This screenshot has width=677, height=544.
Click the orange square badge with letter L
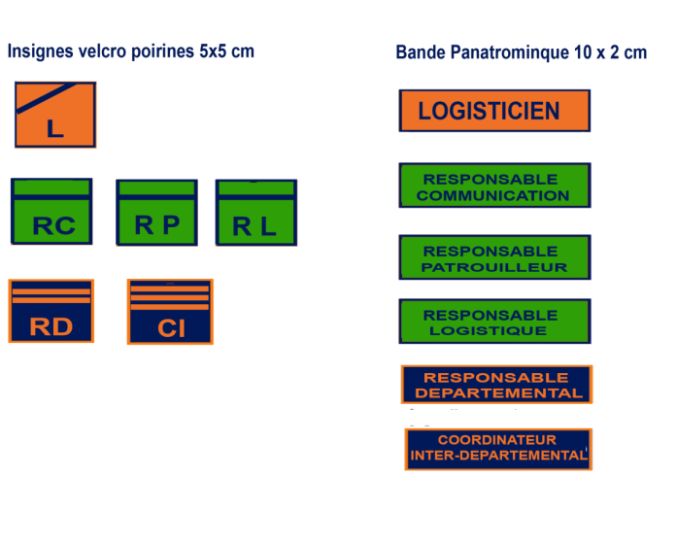[x=55, y=115]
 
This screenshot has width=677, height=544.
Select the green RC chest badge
[x=51, y=212]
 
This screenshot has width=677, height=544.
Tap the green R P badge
[x=156, y=213]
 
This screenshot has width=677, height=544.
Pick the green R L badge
[x=256, y=213]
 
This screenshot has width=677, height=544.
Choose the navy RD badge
[x=51, y=311]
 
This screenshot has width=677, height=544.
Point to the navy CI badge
[x=170, y=312]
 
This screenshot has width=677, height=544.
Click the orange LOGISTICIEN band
[x=494, y=111]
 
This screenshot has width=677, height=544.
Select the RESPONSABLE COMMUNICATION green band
[x=494, y=186]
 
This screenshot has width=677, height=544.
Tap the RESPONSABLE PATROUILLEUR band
[x=494, y=257]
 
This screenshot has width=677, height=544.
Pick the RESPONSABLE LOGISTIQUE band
[x=494, y=322]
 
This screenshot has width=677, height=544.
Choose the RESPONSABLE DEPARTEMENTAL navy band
[x=497, y=385]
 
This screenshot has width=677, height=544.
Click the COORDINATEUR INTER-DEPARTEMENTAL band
[x=498, y=449]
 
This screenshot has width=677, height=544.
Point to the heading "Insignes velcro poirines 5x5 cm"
[x=131, y=51]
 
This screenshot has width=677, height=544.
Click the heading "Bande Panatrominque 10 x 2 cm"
[x=521, y=52]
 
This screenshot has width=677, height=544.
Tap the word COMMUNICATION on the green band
[x=492, y=195]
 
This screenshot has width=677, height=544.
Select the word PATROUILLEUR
[x=494, y=267]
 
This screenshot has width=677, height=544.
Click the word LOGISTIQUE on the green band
[x=488, y=330]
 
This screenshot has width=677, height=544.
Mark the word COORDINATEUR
[x=496, y=440]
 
